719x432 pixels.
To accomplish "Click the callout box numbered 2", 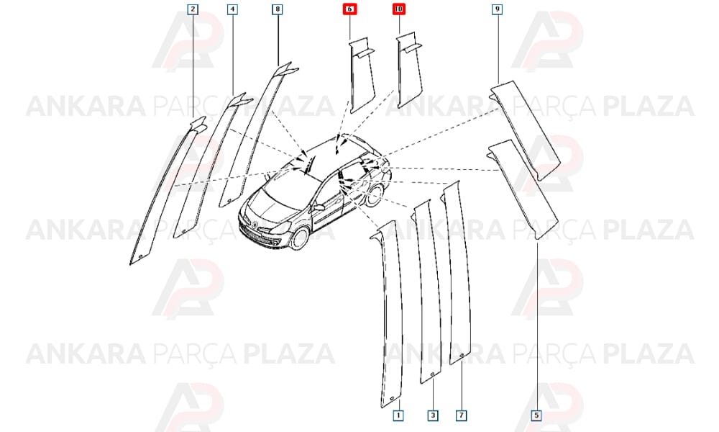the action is click(193, 9).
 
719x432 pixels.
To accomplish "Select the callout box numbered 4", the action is click(232, 9).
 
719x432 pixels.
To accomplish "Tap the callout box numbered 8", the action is click(277, 9).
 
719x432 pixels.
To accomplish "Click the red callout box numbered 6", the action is click(349, 9).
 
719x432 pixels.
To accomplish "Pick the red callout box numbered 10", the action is click(398, 9).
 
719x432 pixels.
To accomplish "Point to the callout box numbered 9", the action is click(497, 9).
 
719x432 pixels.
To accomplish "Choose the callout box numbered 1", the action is click(398, 415).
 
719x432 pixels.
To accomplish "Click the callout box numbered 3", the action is click(432, 415).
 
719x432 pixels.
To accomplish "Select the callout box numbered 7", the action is click(462, 415).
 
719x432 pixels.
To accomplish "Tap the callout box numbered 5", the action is click(536, 415).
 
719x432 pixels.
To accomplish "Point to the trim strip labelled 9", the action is click(525, 129).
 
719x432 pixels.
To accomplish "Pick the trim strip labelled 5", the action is click(523, 188).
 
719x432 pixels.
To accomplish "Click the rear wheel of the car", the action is click(374, 194).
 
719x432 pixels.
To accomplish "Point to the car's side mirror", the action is click(318, 207).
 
